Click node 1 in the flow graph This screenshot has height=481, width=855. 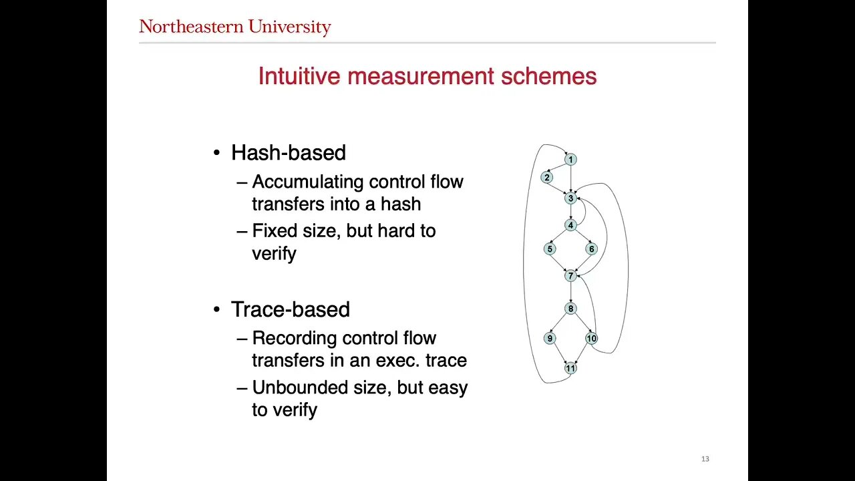570,160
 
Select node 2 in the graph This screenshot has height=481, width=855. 546,178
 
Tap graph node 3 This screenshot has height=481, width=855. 570,198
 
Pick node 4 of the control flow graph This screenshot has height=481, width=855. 570,225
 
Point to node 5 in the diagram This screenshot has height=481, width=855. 550,249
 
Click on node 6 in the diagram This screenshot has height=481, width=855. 591,249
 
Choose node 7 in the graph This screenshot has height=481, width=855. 570,276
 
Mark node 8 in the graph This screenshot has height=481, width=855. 570,309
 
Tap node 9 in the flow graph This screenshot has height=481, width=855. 550,338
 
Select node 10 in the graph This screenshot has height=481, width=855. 591,338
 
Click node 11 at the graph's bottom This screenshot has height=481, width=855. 570,368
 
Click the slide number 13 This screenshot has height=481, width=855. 705,459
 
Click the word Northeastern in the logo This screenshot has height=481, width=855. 191,27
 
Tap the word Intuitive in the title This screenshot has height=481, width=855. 299,75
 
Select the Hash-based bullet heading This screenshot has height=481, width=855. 289,153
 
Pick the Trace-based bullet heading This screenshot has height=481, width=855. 291,309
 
